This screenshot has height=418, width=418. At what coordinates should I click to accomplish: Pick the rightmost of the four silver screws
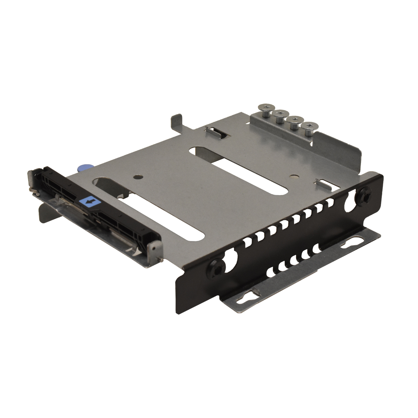pos(308,127)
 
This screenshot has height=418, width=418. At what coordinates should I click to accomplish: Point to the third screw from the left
pos(294,121)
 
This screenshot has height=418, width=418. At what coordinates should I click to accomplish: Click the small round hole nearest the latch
pos(139,177)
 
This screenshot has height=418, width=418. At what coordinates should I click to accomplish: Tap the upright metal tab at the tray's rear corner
pos(177,122)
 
